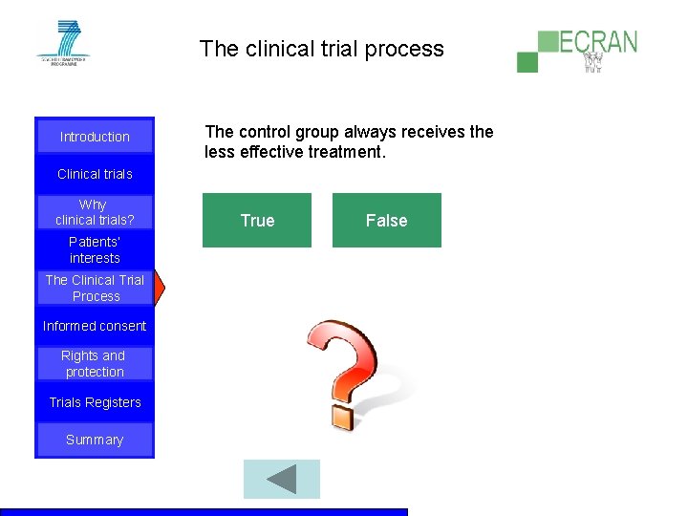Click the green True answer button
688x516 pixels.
[257, 221]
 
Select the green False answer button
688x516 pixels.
[386, 221]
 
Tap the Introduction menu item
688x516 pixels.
[95, 137]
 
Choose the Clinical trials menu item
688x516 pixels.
[95, 174]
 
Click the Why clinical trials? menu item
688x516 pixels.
[95, 212]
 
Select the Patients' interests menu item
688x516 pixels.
[95, 250]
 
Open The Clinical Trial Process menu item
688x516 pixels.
[95, 288]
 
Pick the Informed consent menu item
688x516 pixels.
[95, 326]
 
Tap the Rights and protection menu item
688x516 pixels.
[95, 364]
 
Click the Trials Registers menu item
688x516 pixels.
[95, 402]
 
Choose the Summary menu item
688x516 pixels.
[95, 440]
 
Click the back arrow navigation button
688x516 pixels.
[281, 479]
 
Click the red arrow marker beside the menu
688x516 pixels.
[160, 288]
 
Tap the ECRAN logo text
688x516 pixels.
[598, 42]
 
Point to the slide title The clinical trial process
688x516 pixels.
[321, 49]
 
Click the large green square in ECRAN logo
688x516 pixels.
[548, 41]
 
